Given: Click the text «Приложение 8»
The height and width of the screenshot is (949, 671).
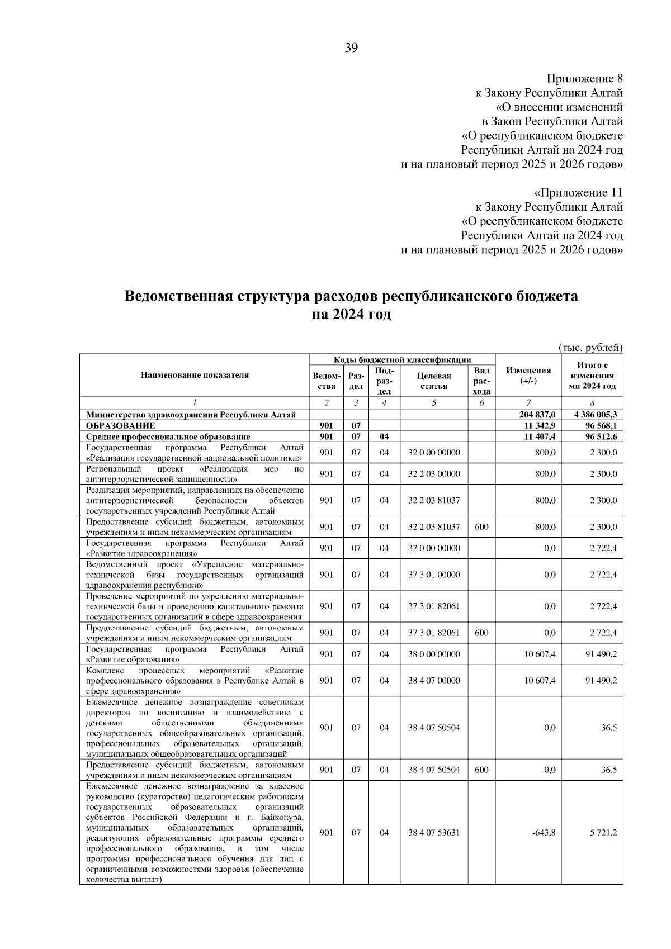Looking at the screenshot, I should [x=584, y=78].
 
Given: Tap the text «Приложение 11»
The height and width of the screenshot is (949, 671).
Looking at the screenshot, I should [x=578, y=193].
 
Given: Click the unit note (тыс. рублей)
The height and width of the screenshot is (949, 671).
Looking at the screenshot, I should [x=590, y=348].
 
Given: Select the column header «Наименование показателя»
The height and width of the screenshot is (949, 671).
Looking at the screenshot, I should [x=195, y=375].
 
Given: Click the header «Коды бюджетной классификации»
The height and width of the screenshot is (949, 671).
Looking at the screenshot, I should [x=403, y=359].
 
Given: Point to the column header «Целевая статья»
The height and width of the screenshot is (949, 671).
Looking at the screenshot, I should [x=434, y=381].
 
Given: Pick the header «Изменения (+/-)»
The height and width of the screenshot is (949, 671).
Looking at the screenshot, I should [x=528, y=375].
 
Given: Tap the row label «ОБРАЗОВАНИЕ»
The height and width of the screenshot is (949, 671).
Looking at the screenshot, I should [x=120, y=425].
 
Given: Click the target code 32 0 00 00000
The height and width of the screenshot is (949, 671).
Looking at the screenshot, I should [x=434, y=452].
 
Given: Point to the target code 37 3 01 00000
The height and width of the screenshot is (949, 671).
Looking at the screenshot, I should [x=434, y=575].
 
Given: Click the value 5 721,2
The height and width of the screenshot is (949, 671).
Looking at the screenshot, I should [x=603, y=832].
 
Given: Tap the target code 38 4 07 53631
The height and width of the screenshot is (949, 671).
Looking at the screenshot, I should [x=434, y=832].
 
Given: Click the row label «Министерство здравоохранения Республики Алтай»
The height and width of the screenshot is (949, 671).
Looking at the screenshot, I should [x=191, y=415].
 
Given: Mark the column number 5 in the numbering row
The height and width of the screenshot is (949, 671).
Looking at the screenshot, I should [x=434, y=402].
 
